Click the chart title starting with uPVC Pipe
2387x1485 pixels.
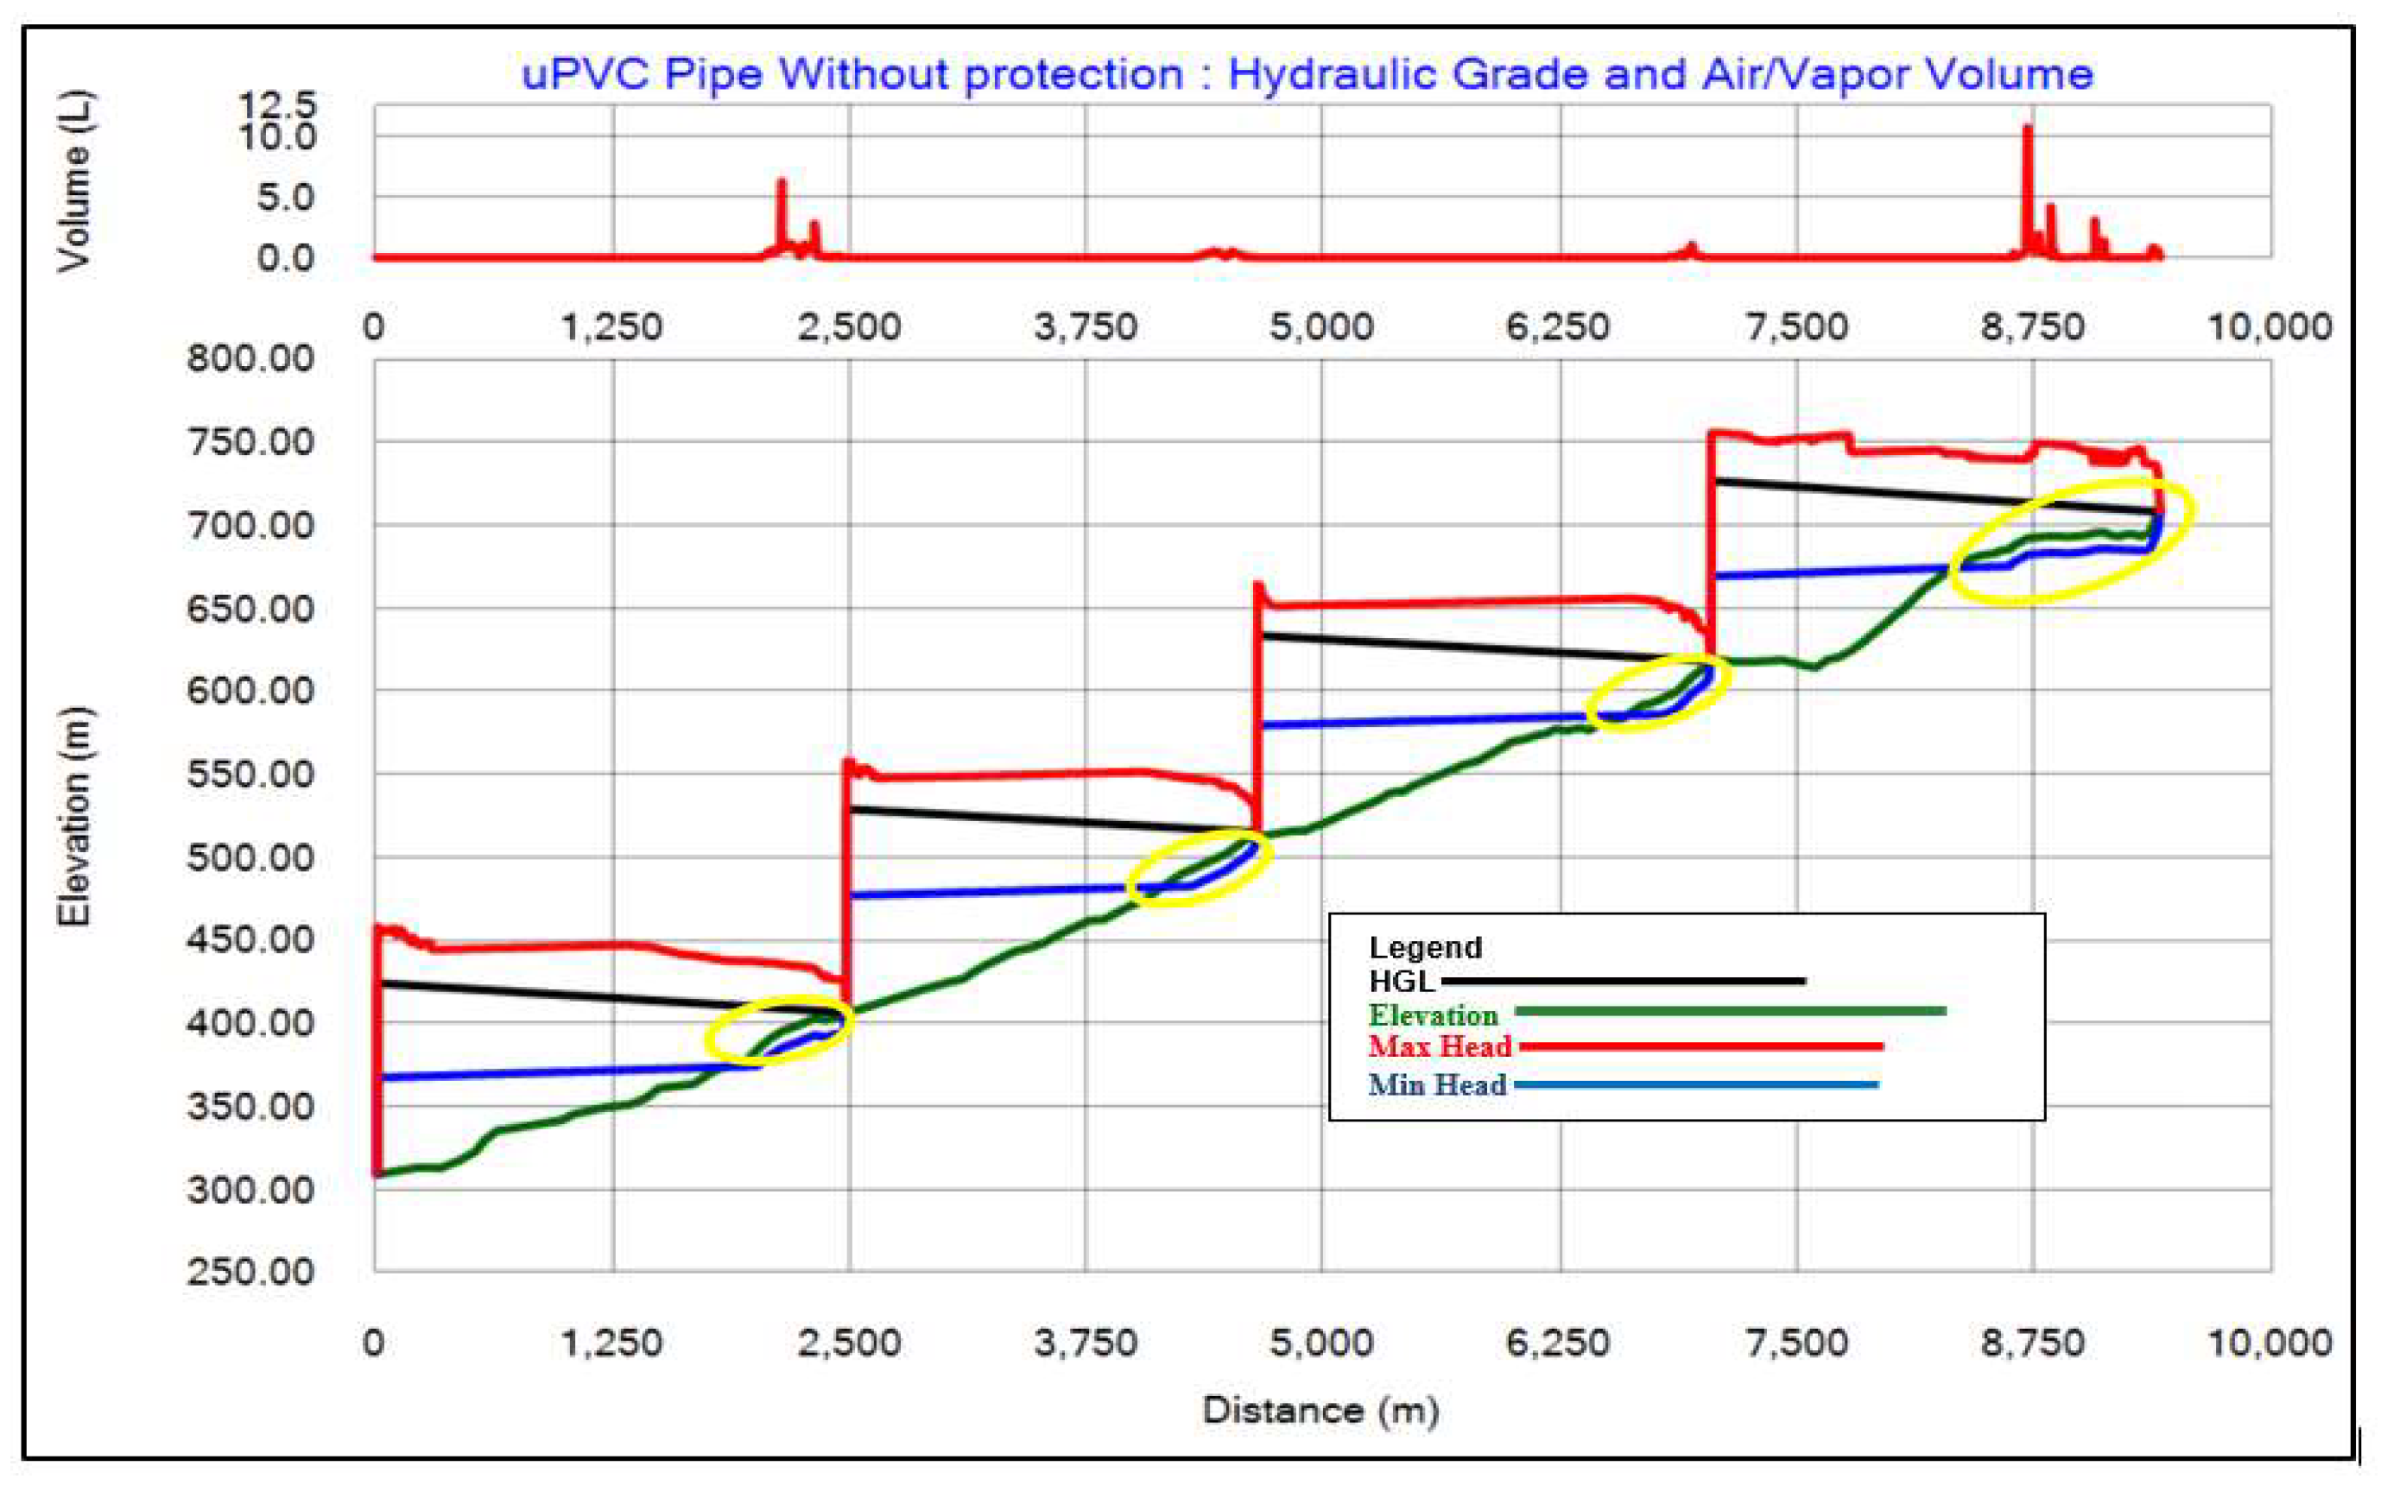coord(1307,74)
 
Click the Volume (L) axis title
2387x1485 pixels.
coord(73,180)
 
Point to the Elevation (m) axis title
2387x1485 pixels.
coord(73,815)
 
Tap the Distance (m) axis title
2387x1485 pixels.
coord(1320,1411)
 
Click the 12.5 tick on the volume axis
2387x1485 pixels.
coord(278,104)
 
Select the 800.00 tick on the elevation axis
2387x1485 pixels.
coord(250,358)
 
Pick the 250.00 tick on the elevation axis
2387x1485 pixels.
coord(250,1272)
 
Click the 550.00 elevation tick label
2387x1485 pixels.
coord(250,774)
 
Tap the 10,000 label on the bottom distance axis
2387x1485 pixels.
coord(2270,1343)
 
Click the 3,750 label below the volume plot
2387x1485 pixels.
coord(1086,326)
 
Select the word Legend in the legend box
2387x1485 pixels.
coord(1424,948)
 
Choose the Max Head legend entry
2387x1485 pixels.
coord(1439,1046)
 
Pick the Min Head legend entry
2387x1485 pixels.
coord(1437,1084)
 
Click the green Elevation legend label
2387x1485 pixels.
coord(1434,1014)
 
